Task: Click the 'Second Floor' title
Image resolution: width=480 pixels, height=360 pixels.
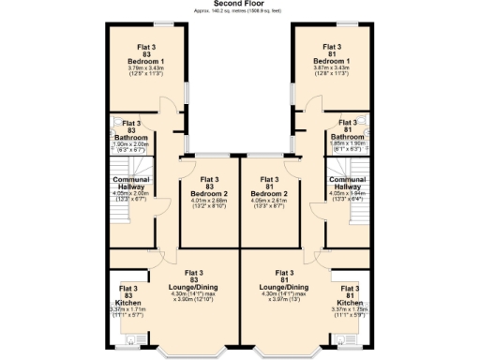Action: point(239,4)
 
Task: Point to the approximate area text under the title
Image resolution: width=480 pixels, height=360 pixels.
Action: point(239,11)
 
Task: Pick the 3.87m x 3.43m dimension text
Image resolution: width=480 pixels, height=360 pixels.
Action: point(331,68)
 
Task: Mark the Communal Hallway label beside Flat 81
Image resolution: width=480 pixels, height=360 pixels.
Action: point(347,184)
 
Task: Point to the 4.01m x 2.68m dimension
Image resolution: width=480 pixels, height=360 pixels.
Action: point(210,202)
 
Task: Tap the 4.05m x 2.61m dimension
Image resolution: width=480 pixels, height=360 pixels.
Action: point(269,202)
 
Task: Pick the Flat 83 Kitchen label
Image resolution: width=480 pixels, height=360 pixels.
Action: point(128,296)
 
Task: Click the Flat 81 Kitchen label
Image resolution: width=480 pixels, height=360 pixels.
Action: point(350,296)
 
